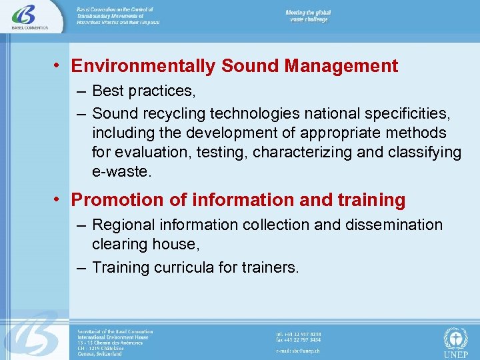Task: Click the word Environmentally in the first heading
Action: [x=143, y=66]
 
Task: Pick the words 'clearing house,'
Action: [x=145, y=245]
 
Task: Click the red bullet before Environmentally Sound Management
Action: [x=59, y=66]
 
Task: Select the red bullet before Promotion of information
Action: [x=59, y=200]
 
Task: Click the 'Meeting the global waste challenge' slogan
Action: [x=308, y=16]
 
